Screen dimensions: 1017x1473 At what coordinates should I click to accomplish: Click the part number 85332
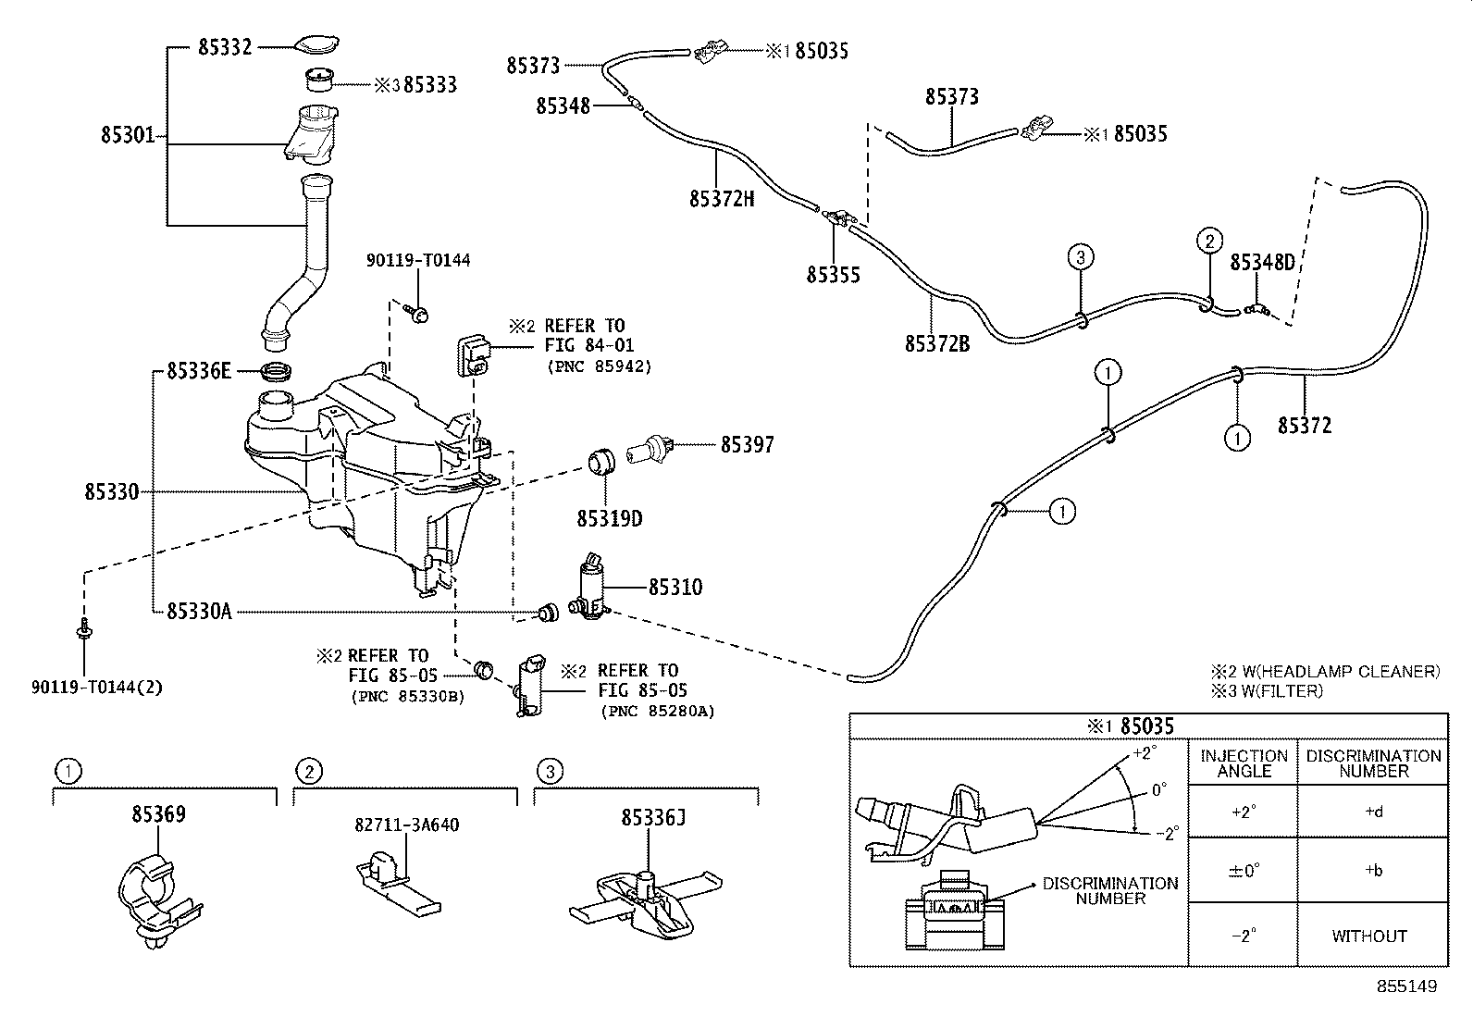tap(225, 47)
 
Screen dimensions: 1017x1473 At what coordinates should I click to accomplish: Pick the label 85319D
tap(609, 519)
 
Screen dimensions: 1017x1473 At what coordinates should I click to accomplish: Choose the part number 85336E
tap(198, 372)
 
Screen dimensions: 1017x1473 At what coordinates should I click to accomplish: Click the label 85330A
tap(199, 612)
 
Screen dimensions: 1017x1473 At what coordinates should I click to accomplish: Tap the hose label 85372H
tap(721, 198)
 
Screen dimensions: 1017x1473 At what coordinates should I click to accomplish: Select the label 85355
tap(833, 275)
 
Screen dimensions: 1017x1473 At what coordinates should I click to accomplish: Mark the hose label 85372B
tap(936, 344)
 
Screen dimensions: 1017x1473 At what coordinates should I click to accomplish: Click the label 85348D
tap(1262, 264)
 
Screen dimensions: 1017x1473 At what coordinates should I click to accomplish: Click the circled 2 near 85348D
tap(1208, 242)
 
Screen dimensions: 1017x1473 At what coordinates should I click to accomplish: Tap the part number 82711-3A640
tap(406, 825)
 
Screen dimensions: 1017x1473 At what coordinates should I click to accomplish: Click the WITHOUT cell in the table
tap(1368, 936)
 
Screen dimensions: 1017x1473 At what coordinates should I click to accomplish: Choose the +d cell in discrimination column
tap(1373, 812)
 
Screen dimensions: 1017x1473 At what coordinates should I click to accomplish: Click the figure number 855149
tap(1406, 987)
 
